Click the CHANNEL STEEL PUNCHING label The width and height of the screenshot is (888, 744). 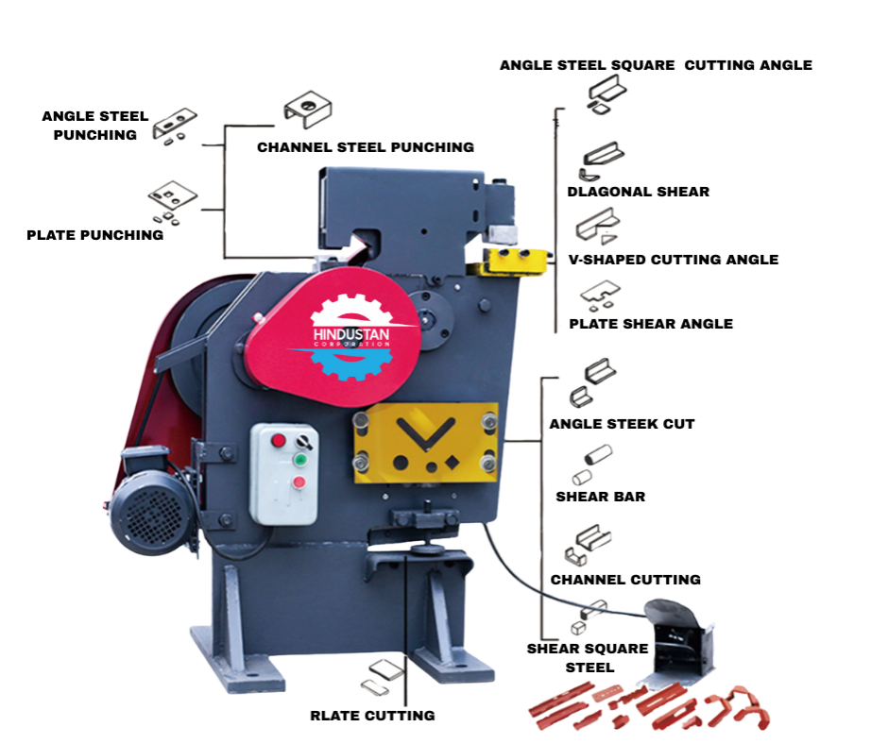[x=366, y=147]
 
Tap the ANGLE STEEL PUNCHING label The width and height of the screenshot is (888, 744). [x=94, y=126]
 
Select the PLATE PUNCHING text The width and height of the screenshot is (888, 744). [x=94, y=235]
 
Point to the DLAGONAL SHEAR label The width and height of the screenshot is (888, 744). [x=638, y=192]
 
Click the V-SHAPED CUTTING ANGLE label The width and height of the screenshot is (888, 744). [x=673, y=260]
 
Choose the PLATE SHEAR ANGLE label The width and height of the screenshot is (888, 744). [x=651, y=324]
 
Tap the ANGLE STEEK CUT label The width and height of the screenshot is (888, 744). [x=622, y=424]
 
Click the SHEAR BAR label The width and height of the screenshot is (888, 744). [x=600, y=497]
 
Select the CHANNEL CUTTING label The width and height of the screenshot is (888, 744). [x=625, y=580]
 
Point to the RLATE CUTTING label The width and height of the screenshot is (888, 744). [x=372, y=716]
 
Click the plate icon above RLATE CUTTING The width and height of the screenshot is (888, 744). [x=381, y=673]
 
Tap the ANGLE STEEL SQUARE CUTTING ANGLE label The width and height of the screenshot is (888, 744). [x=656, y=65]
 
